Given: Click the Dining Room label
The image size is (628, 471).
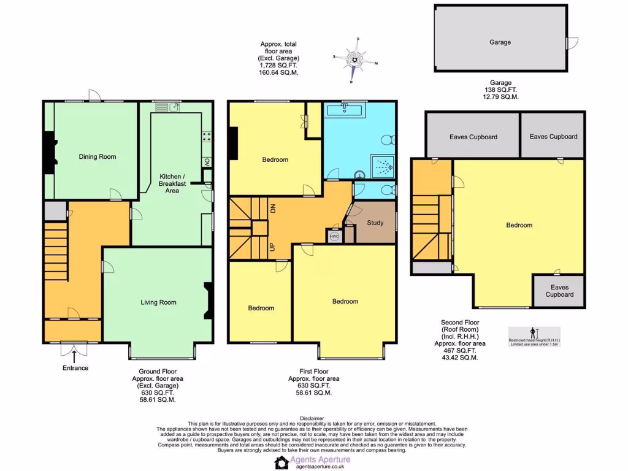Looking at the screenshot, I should tap(97, 156).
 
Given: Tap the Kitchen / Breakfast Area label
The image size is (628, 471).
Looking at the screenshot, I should tap(172, 183).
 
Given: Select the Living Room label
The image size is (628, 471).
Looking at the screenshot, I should tap(158, 302).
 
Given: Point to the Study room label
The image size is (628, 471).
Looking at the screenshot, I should tap(375, 223).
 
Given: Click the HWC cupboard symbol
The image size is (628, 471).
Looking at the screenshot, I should tap(334, 236).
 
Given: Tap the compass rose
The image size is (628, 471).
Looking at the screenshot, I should tap(355, 59).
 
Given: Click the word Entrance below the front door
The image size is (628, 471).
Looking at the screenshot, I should tap(75, 368).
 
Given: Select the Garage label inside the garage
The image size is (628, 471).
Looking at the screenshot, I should tap(500, 42).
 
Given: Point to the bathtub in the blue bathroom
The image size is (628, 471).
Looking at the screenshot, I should tap(343, 110).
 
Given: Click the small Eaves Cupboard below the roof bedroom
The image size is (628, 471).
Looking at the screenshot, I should tap(559, 291).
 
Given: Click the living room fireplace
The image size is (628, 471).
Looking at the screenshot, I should tap(208, 301).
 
